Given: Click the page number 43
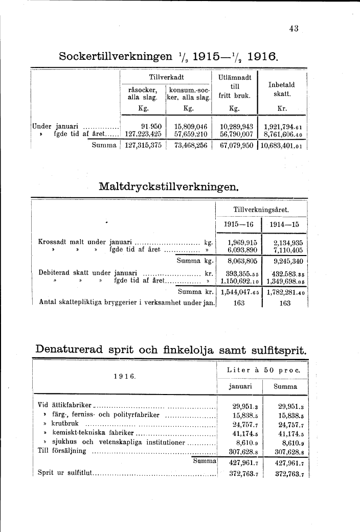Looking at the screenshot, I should [x=293, y=29].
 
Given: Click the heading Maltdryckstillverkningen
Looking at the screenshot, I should [x=169, y=186].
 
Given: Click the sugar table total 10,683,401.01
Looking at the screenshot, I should [x=283, y=145].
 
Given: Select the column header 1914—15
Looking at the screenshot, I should [x=284, y=224].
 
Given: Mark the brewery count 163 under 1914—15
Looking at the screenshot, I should [x=285, y=303].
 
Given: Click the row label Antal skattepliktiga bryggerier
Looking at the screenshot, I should [x=127, y=303].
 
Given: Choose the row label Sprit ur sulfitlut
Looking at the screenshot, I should [x=64, y=473].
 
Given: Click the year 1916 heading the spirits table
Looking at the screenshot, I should [x=124, y=376].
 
